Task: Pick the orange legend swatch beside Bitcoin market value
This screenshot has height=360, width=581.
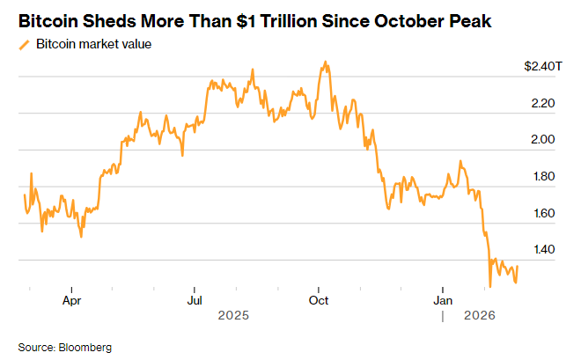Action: [24, 45]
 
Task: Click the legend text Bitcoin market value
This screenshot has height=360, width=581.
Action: [94, 45]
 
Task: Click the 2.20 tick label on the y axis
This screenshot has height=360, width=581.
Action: [542, 103]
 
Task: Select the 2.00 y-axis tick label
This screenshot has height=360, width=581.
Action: [542, 140]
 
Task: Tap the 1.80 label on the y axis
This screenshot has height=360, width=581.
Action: [542, 177]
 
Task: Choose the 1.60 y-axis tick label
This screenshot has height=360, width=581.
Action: [542, 213]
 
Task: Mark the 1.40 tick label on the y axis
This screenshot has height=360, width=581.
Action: [542, 250]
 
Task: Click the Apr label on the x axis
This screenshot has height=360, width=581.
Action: [72, 300]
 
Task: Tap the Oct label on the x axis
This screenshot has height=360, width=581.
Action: [319, 300]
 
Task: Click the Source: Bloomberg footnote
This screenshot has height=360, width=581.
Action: [64, 347]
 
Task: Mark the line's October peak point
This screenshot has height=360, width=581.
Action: [327, 62]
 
